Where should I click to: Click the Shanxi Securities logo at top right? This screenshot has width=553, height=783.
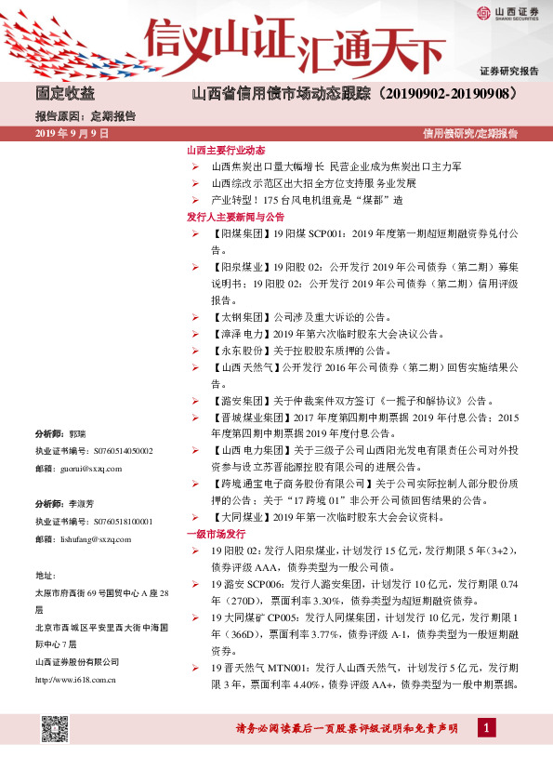point(507,12)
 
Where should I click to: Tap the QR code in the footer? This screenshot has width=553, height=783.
point(55,729)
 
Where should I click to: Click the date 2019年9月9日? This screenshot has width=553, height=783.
point(72,134)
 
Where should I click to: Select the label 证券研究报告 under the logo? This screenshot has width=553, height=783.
point(508,72)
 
